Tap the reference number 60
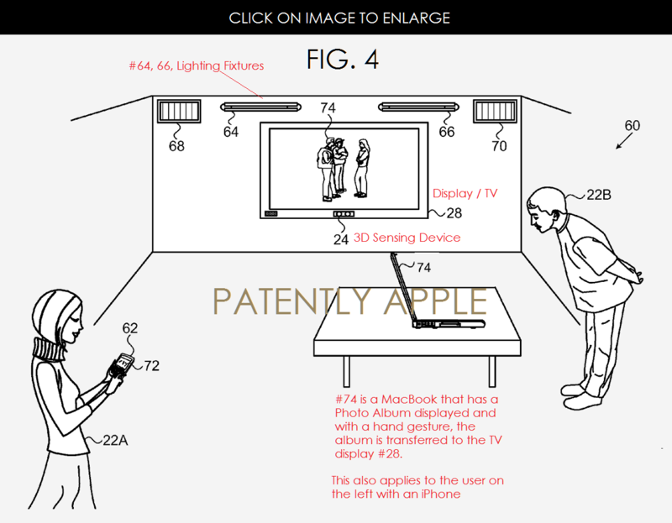coord(632,126)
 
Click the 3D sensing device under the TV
coord(343,215)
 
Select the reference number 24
coord(340,238)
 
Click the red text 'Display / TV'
coord(465,193)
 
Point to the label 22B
coord(598,196)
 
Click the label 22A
coord(116,439)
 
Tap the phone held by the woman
coord(123,363)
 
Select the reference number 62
coord(130,328)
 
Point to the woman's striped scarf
coord(49,347)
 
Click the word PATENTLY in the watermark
coord(278,301)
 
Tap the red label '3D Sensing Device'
coord(407,238)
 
